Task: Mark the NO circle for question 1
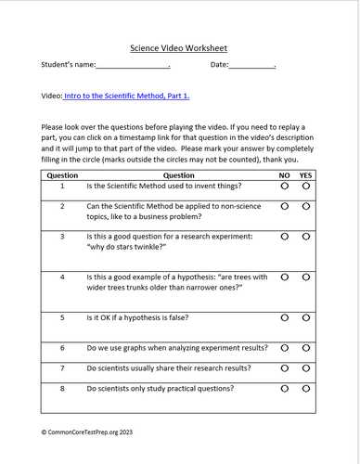(x=284, y=187)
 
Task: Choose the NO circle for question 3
(x=284, y=238)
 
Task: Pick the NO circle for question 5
(x=284, y=318)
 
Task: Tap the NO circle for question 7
(x=284, y=368)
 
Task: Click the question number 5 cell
(x=62, y=318)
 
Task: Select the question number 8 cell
(x=62, y=389)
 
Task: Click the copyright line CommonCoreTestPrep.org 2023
(x=95, y=432)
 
